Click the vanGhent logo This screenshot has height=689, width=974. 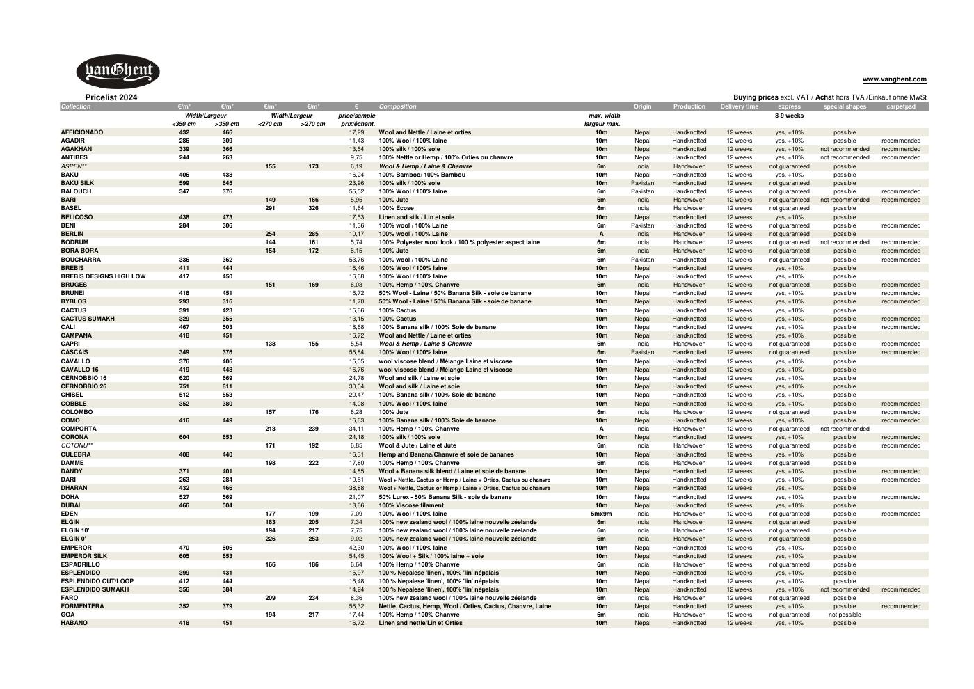(x=118, y=71)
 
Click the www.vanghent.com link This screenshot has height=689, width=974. (x=894, y=79)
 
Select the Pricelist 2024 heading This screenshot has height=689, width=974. (x=111, y=97)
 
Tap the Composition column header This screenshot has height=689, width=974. (x=398, y=106)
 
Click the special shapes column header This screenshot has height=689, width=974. (x=845, y=106)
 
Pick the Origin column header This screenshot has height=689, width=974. (x=642, y=106)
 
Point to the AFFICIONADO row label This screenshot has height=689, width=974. (x=82, y=132)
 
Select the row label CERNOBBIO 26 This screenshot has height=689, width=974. (x=83, y=386)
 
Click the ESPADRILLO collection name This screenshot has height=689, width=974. (x=80, y=564)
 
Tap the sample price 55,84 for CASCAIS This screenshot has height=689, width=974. (x=356, y=352)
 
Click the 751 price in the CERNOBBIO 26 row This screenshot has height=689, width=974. (x=184, y=386)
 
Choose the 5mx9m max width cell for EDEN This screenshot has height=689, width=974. (x=601, y=514)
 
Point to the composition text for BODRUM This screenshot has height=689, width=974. (x=459, y=242)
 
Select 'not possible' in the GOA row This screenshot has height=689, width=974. (x=845, y=615)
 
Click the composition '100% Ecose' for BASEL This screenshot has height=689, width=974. (x=396, y=208)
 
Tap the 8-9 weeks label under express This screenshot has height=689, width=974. (x=789, y=116)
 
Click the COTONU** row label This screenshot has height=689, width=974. (x=77, y=445)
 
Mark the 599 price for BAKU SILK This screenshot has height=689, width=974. (x=184, y=183)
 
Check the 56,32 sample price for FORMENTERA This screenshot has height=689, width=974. (x=356, y=606)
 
